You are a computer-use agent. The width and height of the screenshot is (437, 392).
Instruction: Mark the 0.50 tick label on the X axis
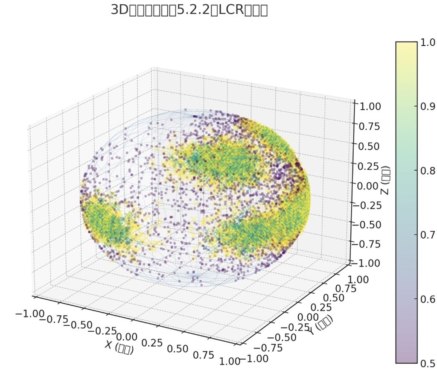pos(177,348)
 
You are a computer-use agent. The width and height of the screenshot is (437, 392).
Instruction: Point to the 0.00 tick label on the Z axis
pos(368,185)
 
